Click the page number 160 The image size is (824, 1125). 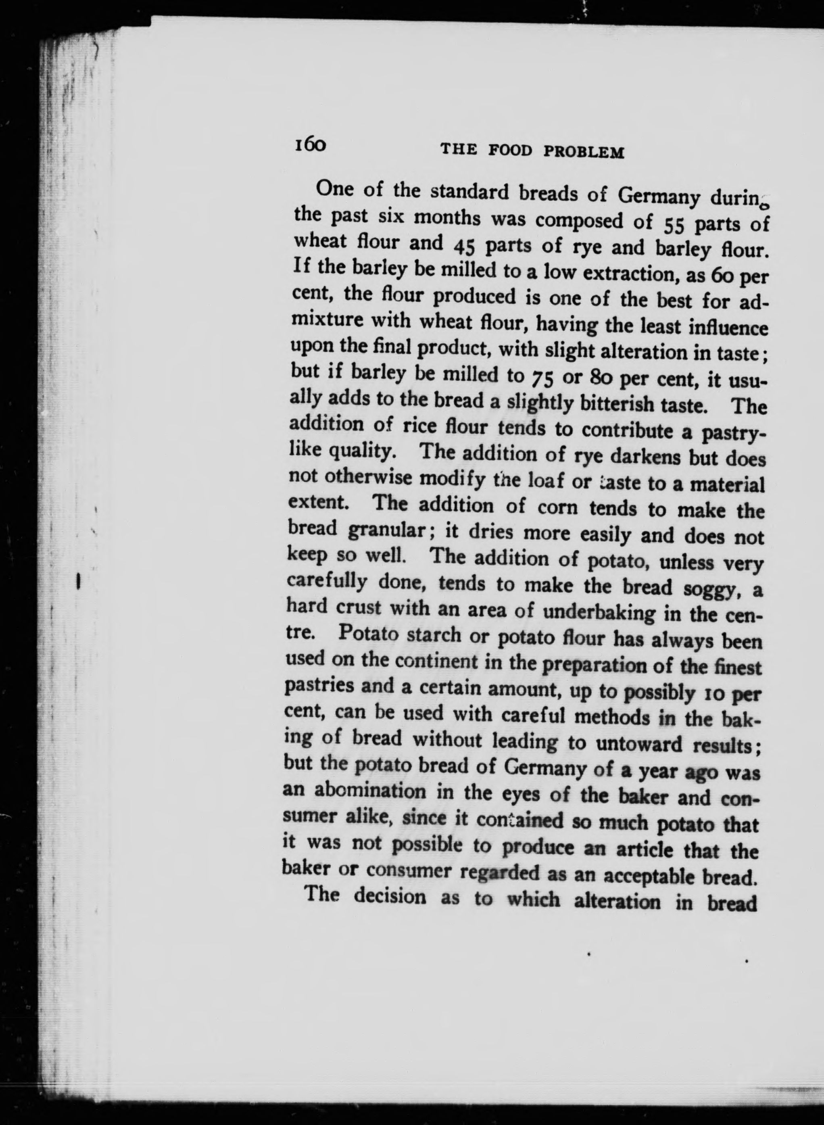click(x=310, y=145)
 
